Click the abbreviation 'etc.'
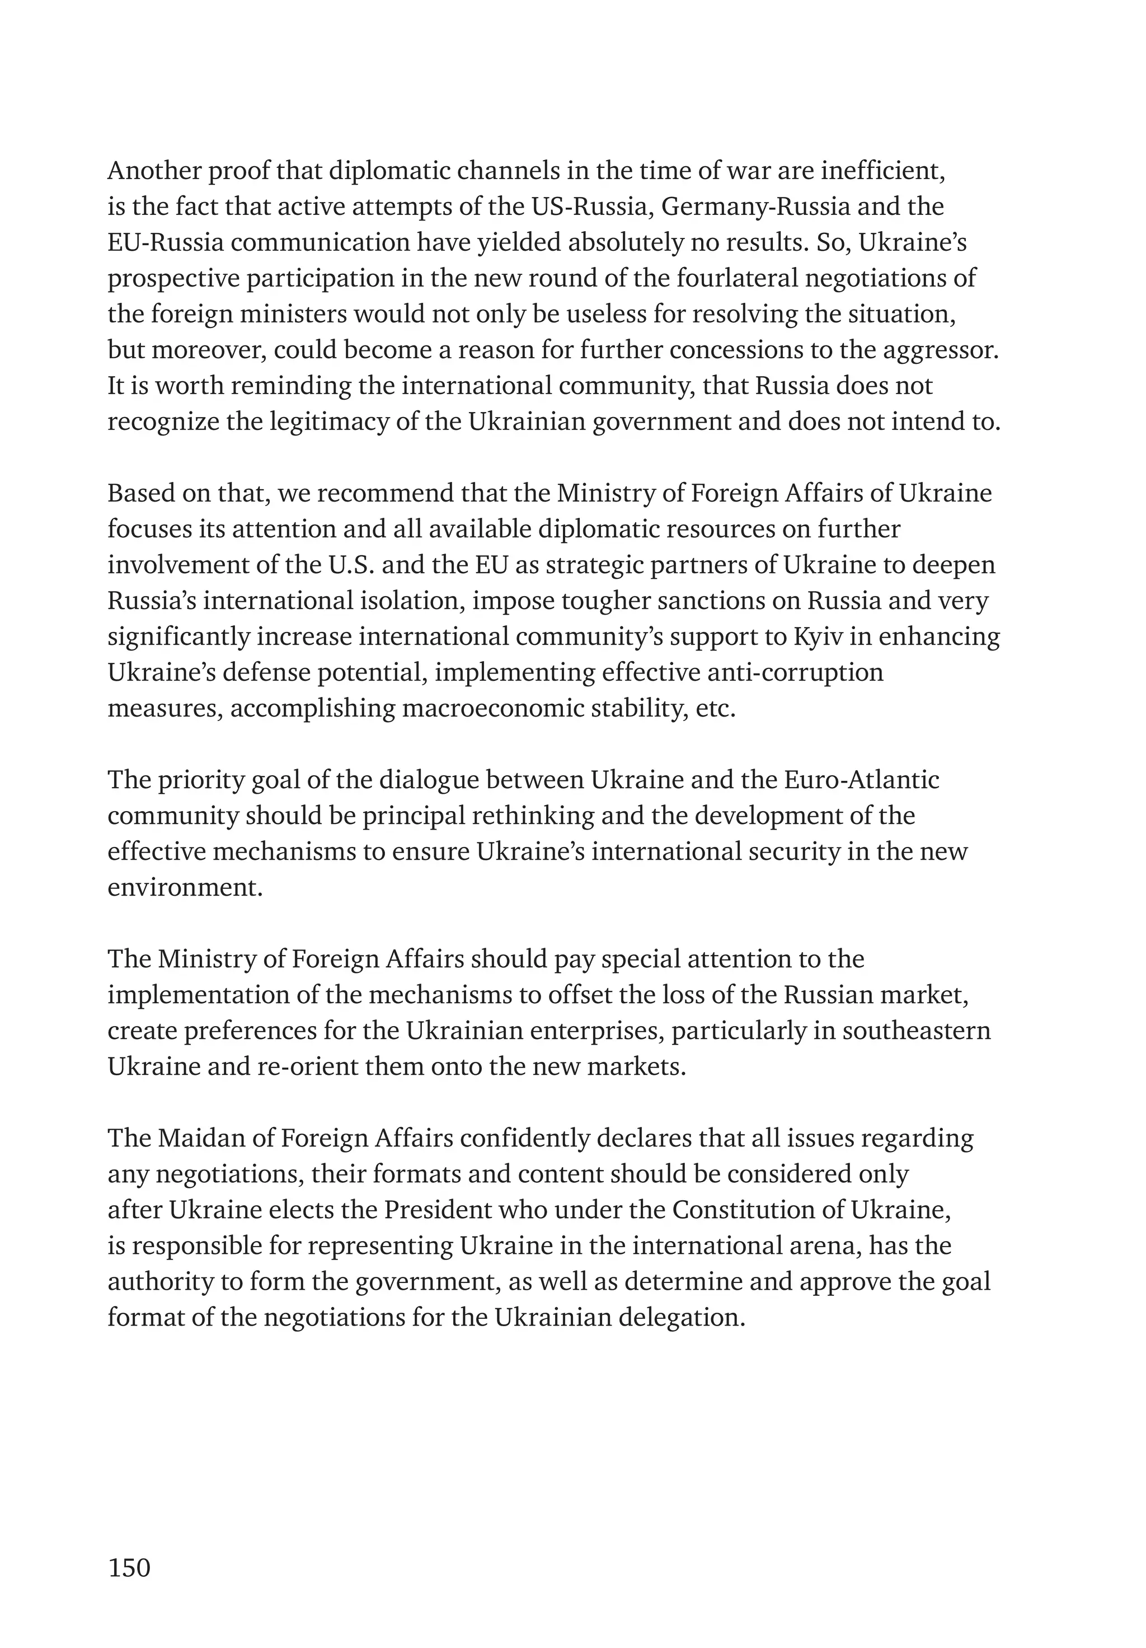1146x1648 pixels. click(x=716, y=709)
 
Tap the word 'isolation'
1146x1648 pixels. click(x=409, y=601)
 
